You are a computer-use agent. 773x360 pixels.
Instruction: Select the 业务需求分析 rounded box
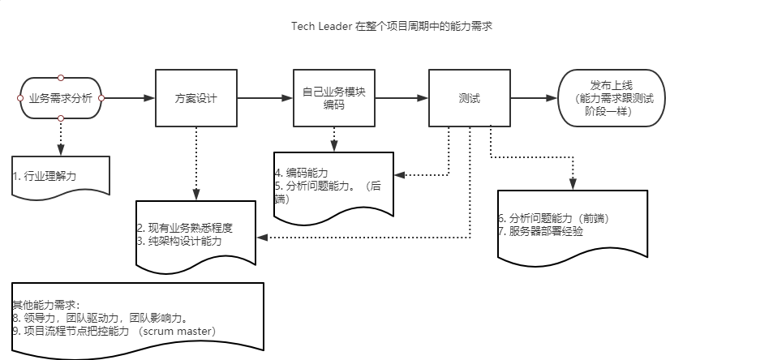pos(61,98)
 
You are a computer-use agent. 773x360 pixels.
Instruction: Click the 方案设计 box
pos(196,98)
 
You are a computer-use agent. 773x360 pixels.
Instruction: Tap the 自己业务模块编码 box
pos(334,98)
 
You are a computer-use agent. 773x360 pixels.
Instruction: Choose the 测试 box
pos(470,98)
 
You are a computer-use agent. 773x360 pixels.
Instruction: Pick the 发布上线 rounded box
pos(612,98)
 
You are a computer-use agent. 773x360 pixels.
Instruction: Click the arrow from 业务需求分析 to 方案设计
pos(128,98)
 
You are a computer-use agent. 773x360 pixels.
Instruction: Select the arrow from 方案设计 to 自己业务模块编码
pos(265,98)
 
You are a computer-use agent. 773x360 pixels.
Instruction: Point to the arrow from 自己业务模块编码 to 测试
pos(402,98)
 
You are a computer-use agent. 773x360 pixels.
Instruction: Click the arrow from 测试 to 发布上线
pos(535,98)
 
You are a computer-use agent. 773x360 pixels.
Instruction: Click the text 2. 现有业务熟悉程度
pos(185,228)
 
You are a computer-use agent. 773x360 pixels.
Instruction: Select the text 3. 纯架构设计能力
pos(179,241)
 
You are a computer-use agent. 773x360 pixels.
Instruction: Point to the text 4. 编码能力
pos(303,173)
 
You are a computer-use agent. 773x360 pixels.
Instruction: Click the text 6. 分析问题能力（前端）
pos(553,218)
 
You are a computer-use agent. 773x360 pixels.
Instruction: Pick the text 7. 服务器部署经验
pos(540,231)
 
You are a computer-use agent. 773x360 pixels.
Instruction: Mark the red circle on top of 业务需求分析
pos(61,78)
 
